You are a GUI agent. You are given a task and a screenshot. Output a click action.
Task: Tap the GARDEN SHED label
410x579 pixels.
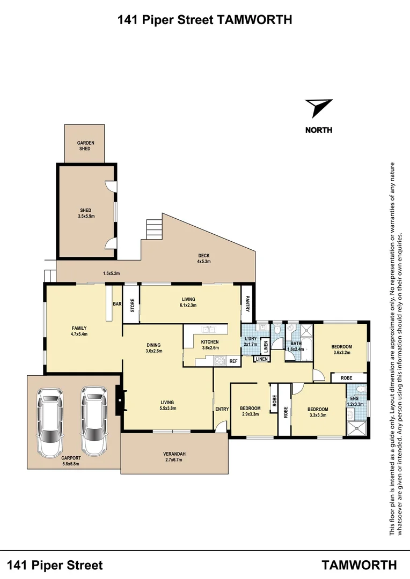85,145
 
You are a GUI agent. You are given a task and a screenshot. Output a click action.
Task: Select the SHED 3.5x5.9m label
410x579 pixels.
85,213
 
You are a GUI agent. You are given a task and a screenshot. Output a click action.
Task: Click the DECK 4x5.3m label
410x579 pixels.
203,259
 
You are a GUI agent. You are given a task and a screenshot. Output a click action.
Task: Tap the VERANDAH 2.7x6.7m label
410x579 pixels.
174,457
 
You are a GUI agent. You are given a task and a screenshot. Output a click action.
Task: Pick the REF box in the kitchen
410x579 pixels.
233,361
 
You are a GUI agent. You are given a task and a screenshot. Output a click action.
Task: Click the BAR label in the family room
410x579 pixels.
116,305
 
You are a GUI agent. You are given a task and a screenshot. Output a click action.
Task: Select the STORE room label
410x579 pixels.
131,304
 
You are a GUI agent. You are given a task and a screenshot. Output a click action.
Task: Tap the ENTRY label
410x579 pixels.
222,410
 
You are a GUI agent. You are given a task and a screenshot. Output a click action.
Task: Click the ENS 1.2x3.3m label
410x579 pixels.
357,402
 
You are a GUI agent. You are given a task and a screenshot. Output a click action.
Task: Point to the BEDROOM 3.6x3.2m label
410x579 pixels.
341,350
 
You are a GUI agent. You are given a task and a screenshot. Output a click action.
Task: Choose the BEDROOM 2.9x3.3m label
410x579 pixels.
250,411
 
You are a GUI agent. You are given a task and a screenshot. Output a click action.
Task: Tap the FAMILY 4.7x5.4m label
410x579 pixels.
79,331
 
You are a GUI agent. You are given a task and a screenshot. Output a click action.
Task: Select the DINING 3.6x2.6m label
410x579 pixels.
153,348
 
